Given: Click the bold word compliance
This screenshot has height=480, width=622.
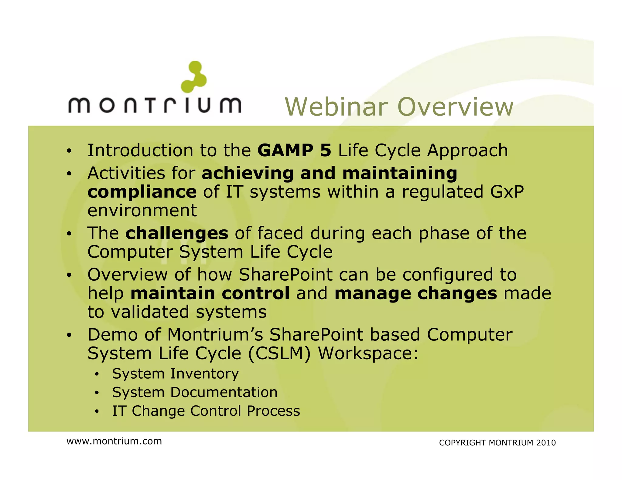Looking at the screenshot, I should pos(142,192).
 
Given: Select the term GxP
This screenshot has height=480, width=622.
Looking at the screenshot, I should pos(507,192).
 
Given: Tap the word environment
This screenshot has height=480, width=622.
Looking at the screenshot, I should pos(142,211).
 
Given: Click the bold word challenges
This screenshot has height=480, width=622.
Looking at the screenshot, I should pos(177,233).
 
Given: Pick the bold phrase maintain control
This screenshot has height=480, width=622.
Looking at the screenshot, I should pos(210,293).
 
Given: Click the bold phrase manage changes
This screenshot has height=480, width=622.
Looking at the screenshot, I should pos(415,293).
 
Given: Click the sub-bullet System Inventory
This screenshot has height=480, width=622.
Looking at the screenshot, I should pos(175,374).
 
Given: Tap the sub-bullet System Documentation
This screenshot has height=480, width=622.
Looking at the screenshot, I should pos(195,392).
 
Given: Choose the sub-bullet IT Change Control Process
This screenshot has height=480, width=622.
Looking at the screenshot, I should pos(206,411).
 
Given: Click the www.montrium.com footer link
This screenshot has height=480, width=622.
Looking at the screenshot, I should pos(114,441).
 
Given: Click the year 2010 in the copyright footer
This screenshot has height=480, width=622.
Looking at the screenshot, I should pos(546,443).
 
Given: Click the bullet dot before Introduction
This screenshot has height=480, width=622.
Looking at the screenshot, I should pos(69,151).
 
